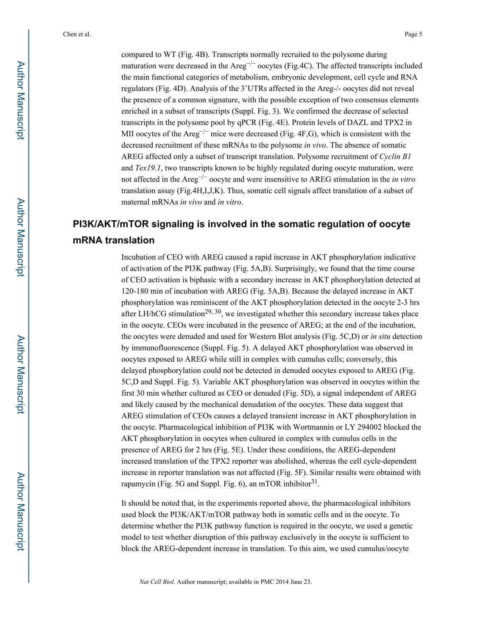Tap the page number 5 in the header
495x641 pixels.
tap(420, 34)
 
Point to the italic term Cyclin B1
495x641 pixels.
tap(395, 157)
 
